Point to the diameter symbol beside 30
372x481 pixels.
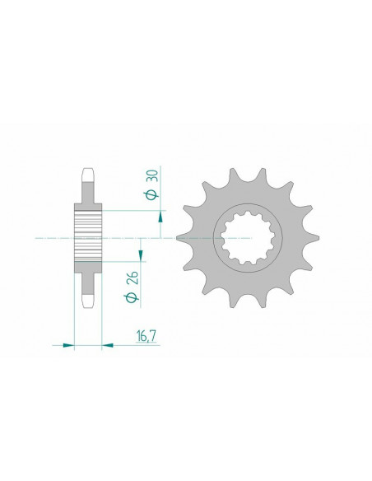click(x=152, y=194)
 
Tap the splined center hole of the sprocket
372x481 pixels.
click(x=248, y=236)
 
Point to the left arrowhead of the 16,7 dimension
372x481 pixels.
click(x=68, y=346)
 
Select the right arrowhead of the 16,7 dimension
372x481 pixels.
click(x=108, y=346)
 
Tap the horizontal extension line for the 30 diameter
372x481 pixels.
click(x=132, y=211)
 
